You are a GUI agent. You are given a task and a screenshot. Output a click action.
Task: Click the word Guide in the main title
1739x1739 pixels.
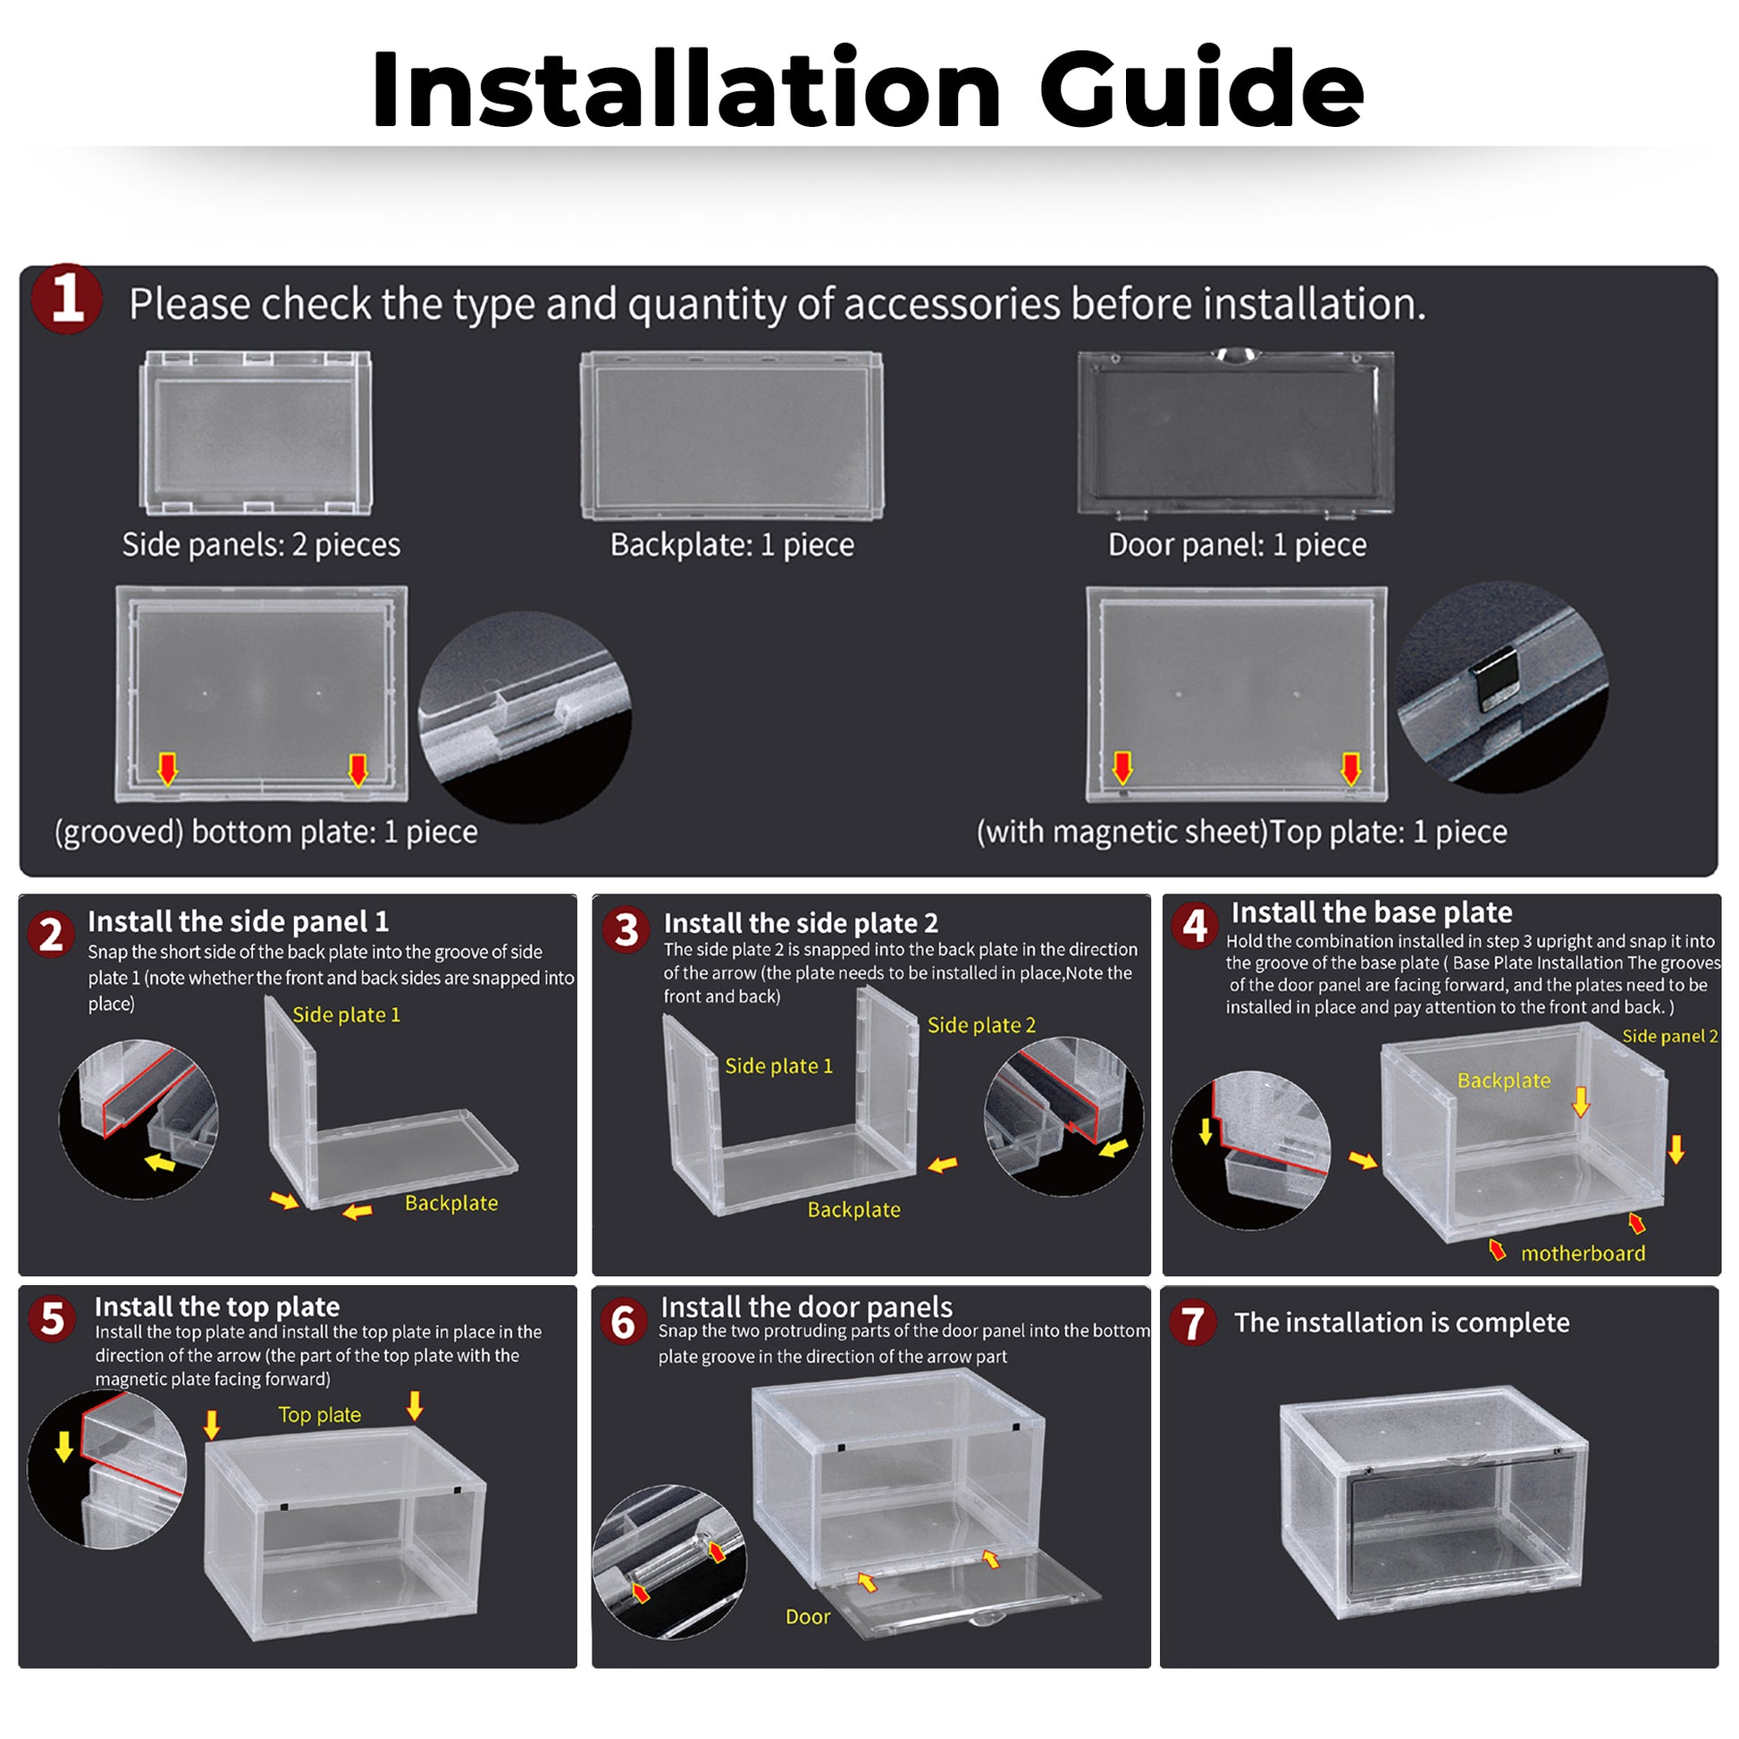click(x=1201, y=90)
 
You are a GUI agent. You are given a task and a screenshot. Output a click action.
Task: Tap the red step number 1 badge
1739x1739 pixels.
click(x=66, y=298)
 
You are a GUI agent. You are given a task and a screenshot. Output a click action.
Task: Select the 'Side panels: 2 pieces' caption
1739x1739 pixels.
click(x=261, y=544)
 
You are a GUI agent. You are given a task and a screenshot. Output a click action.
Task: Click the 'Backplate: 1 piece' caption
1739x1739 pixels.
click(x=732, y=544)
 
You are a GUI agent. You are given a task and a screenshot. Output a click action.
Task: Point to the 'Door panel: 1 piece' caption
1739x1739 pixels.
click(x=1237, y=544)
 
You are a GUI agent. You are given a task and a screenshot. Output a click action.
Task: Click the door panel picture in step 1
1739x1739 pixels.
click(x=1235, y=434)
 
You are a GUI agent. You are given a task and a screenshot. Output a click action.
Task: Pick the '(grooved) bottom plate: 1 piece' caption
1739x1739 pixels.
click(x=265, y=832)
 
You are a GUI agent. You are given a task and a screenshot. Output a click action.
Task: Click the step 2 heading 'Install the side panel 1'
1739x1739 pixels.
click(x=238, y=920)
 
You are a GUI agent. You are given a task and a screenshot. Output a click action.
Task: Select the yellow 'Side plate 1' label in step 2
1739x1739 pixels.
click(x=346, y=1014)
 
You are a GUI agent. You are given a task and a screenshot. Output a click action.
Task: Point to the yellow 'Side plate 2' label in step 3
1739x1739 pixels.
click(x=981, y=1025)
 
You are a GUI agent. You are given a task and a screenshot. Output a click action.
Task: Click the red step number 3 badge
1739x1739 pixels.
click(x=626, y=929)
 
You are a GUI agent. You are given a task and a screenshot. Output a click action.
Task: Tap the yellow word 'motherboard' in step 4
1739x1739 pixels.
click(x=1583, y=1253)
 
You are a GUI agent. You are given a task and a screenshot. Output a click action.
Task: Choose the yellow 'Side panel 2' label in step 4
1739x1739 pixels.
click(x=1669, y=1036)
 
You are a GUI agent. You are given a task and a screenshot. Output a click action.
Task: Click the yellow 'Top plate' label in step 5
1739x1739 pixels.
click(x=320, y=1415)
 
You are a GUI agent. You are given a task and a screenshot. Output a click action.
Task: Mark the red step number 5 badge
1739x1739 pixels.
click(x=52, y=1320)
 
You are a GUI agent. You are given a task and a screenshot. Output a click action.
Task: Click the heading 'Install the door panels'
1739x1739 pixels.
click(x=806, y=1307)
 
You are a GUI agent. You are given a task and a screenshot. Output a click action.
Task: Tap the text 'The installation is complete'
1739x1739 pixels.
click(x=1401, y=1323)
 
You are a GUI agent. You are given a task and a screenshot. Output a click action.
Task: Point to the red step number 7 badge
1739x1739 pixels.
click(x=1193, y=1323)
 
